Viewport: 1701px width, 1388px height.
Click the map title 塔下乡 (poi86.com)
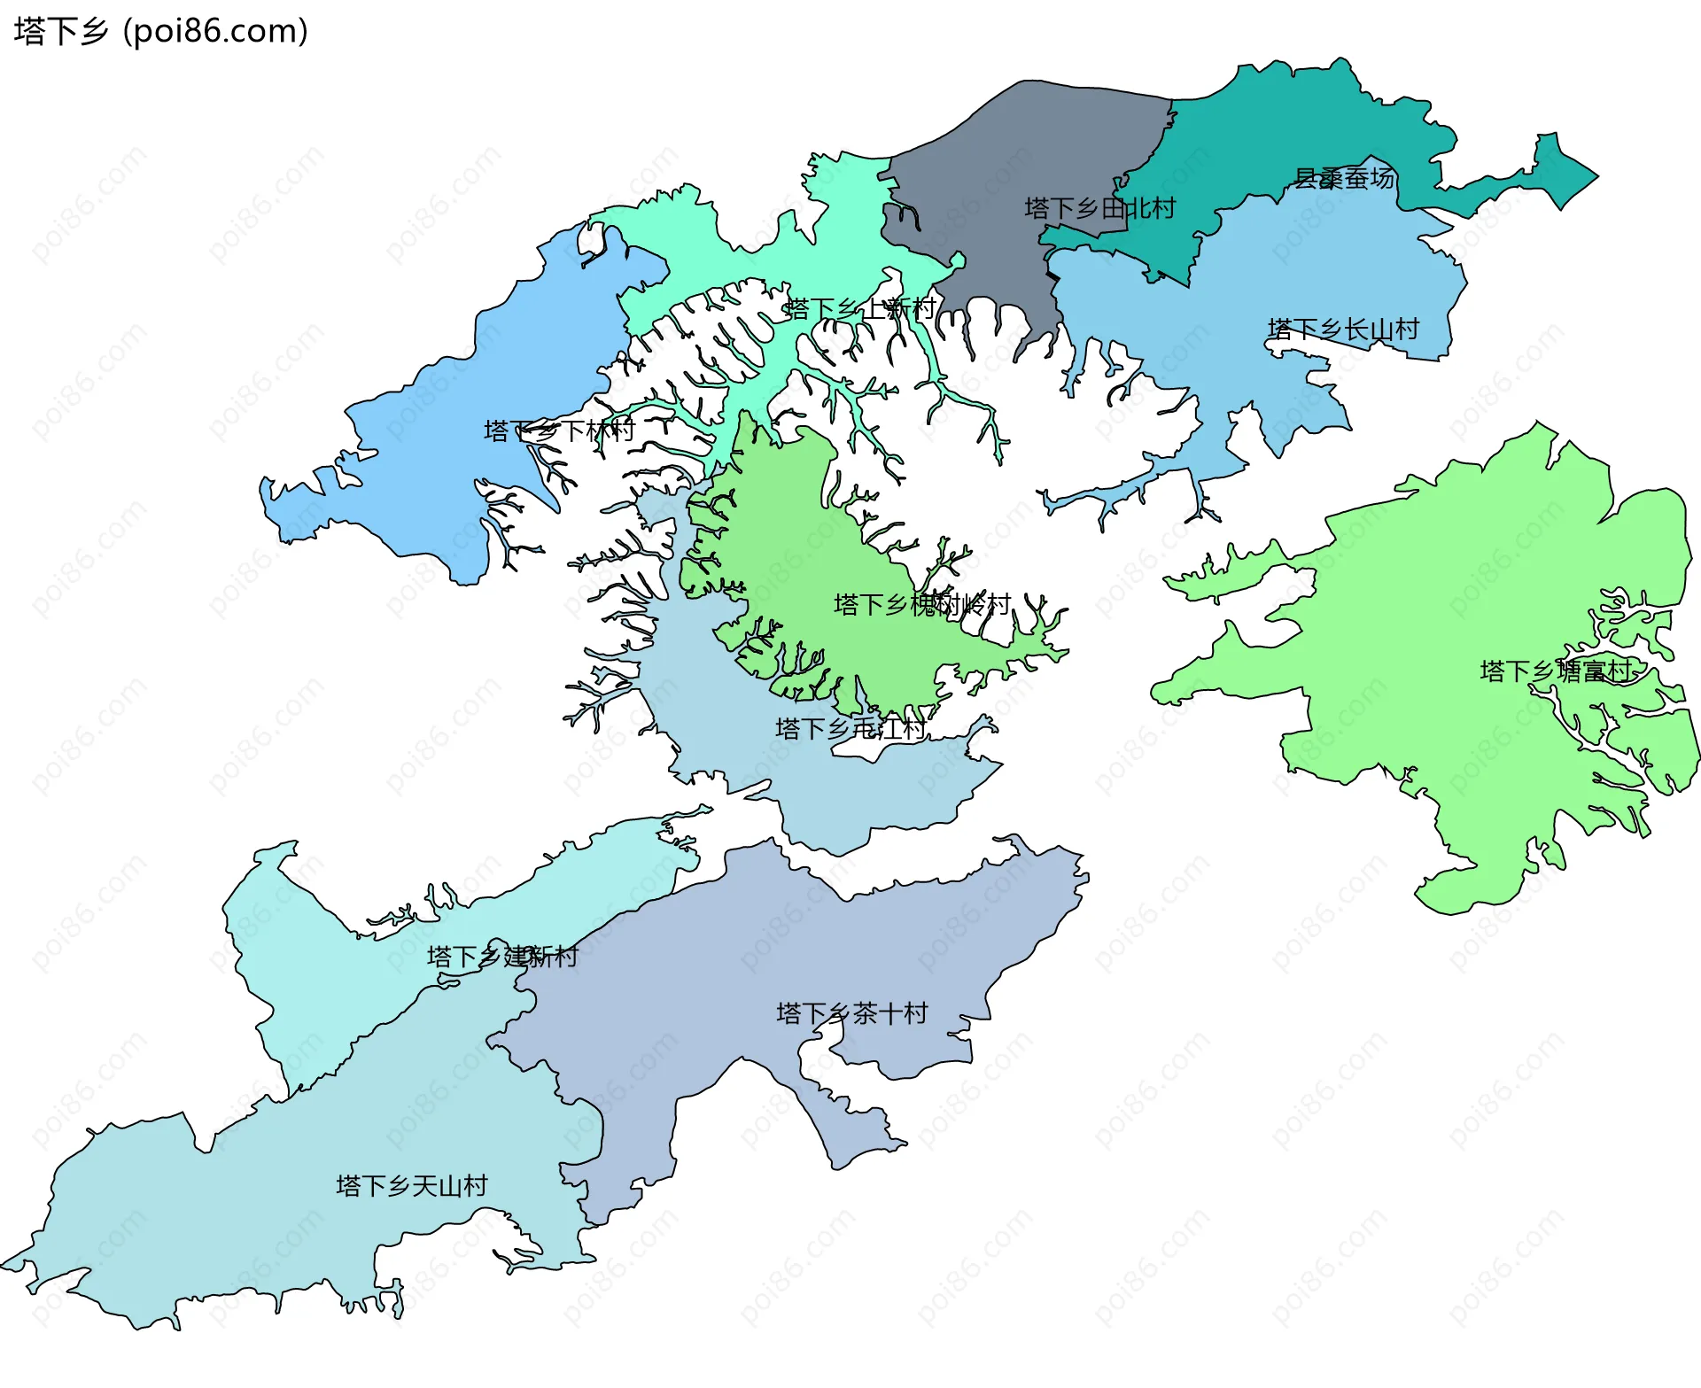point(161,32)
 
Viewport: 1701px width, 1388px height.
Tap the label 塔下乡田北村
point(1099,208)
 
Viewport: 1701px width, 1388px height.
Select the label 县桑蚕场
point(1344,178)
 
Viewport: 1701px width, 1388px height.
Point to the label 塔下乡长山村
point(1343,330)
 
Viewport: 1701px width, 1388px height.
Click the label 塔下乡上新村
point(860,309)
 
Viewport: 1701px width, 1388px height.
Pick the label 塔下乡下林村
point(559,430)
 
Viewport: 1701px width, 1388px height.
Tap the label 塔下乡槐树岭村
point(922,604)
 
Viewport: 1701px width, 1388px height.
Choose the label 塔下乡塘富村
point(1556,671)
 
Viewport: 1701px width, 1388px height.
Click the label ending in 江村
point(850,728)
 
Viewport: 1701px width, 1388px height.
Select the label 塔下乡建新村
point(502,957)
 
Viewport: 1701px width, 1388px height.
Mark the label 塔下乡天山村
point(412,1185)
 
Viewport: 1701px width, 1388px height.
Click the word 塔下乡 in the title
point(61,32)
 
